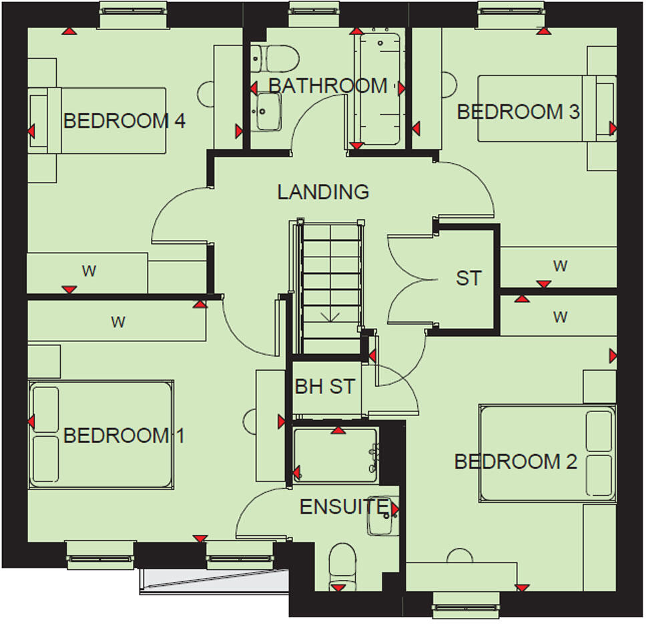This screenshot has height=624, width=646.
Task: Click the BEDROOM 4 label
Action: pos(123,121)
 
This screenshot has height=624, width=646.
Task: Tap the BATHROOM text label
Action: pos(328,86)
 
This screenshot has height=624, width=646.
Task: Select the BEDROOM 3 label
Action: pos(519,112)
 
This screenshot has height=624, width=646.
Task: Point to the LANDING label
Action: pos(323,192)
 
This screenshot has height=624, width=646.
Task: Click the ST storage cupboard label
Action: pos(468,278)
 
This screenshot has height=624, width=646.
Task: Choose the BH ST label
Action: pos(325,387)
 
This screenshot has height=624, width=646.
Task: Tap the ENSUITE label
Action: pos(343,507)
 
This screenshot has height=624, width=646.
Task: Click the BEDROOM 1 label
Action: pos(123,436)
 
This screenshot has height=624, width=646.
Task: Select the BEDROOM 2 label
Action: pos(515,461)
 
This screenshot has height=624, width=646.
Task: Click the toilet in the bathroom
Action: pos(274,58)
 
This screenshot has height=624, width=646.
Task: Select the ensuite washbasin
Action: pos(382,516)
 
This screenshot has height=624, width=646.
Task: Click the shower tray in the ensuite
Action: pos(336,455)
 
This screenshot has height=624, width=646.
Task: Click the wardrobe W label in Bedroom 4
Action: pos(88,271)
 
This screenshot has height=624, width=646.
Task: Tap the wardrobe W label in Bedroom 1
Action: pos(118,323)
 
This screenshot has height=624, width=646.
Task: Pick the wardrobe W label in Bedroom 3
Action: pos(560,266)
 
